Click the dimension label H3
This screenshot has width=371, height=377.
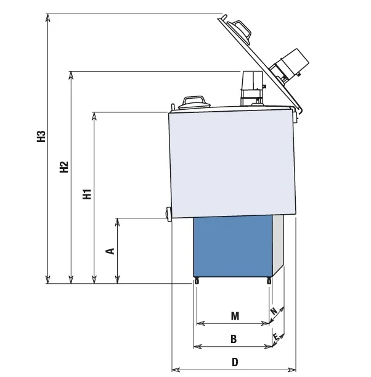click(x=41, y=137)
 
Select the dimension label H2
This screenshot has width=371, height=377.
click(x=64, y=167)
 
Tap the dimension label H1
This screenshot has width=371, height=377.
click(x=87, y=194)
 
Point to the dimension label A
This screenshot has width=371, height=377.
click(x=110, y=251)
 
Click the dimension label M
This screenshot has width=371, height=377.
click(x=235, y=316)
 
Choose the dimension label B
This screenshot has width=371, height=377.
click(x=234, y=339)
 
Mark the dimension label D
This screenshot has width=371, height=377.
click(x=235, y=362)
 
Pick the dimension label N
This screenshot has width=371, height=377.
click(x=274, y=312)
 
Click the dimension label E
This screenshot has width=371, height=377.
click(x=277, y=337)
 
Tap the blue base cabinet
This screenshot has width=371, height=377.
click(x=233, y=246)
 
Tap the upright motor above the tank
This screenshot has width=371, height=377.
click(x=252, y=86)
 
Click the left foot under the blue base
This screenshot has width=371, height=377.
click(x=197, y=281)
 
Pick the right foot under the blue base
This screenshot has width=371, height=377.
click(x=269, y=281)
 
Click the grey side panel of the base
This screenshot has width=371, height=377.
click(x=279, y=244)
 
